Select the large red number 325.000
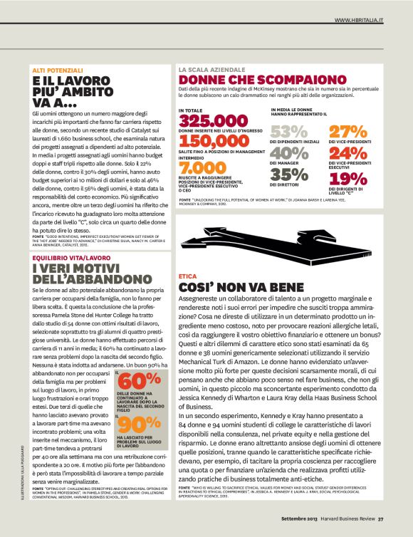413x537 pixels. pyautogui.click(x=213, y=121)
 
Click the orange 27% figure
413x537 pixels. pyautogui.click(x=347, y=132)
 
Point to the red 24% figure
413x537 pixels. pyautogui.click(x=347, y=153)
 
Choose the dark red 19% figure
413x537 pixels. pyautogui.click(x=347, y=178)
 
